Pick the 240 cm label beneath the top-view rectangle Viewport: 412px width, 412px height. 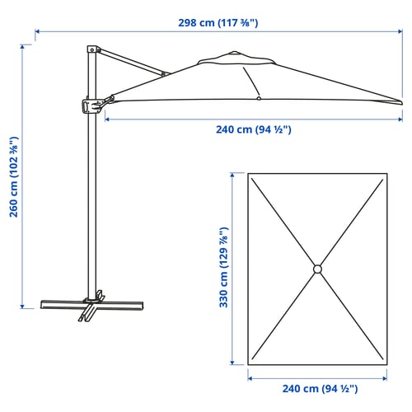(317, 388)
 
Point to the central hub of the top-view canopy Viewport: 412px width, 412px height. (317, 269)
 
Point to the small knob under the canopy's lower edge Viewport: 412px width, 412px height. (259, 99)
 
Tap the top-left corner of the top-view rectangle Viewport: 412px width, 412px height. (248, 173)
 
